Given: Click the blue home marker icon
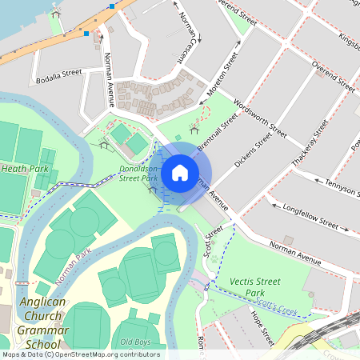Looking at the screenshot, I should click(179, 172).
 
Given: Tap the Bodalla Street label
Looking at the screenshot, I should click(58, 72).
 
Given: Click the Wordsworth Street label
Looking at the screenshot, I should click(260, 118).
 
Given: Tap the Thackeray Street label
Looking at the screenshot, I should click(310, 143).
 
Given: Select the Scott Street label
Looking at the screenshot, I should click(212, 240).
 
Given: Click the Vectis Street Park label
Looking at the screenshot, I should click(255, 287).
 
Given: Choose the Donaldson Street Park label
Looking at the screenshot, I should click(138, 174).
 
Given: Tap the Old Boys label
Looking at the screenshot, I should click(136, 342).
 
